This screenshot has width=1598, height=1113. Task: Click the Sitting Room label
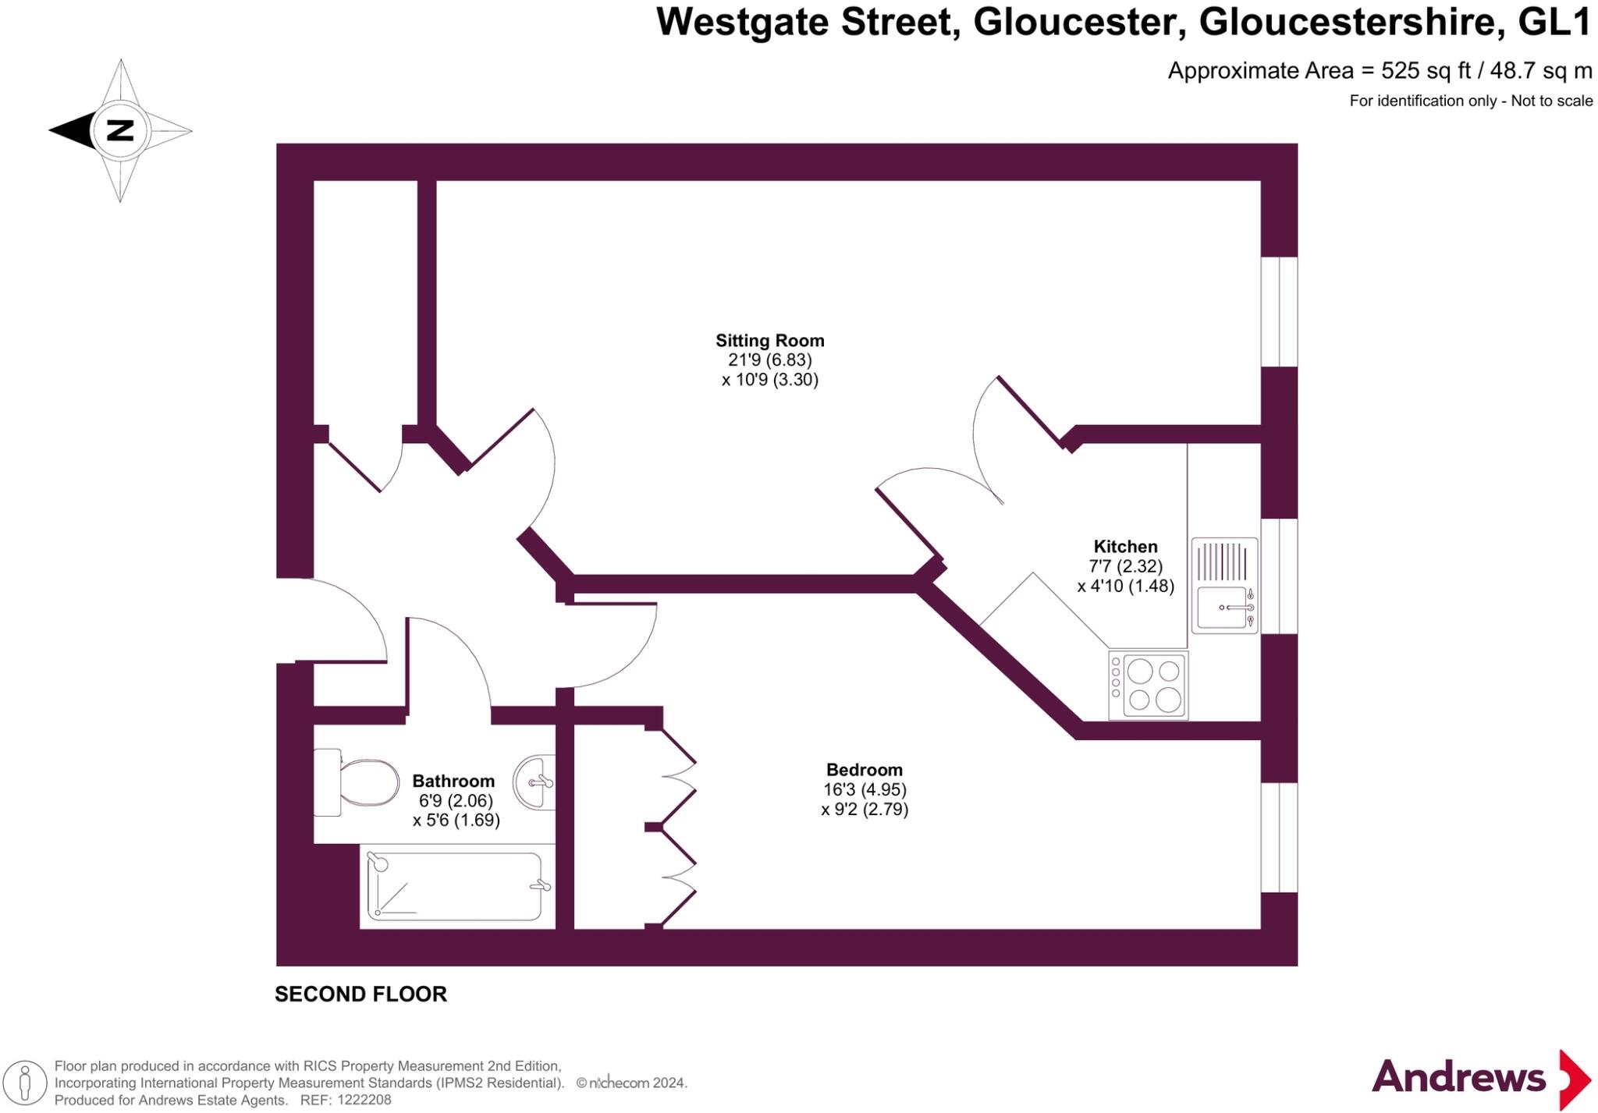click(769, 341)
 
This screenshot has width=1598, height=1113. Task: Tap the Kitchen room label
click(1125, 547)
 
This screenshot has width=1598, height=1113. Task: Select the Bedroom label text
click(864, 770)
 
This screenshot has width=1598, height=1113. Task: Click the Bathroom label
click(453, 781)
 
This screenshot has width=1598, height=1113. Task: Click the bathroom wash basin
click(535, 782)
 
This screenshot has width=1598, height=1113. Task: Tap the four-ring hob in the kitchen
click(1148, 685)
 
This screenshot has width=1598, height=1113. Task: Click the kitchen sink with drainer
click(1223, 585)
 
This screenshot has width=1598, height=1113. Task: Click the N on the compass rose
click(120, 130)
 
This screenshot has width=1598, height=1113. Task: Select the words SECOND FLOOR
click(360, 994)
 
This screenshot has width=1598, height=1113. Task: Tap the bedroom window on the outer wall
click(1279, 837)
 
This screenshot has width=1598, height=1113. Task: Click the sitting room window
click(1279, 311)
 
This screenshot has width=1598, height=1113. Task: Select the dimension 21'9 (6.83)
click(769, 360)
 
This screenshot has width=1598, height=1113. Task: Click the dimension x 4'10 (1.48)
click(1125, 586)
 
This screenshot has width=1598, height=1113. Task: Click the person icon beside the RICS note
click(25, 1083)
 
